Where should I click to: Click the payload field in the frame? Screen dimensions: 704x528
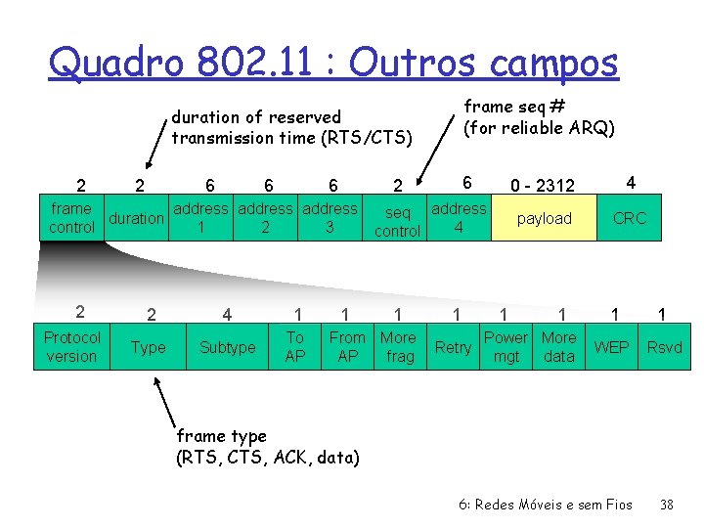click(545, 219)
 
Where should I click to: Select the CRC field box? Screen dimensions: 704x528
click(629, 219)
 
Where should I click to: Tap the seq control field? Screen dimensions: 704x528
click(397, 221)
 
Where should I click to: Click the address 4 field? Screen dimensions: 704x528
click(459, 219)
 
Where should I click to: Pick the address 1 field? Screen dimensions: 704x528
click(199, 218)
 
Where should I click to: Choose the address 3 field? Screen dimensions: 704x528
click(330, 218)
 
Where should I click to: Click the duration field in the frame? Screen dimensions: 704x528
click(136, 218)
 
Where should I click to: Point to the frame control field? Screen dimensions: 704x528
click(71, 218)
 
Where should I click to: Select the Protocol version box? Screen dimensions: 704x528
click(71, 347)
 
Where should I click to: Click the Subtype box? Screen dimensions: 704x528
click(227, 347)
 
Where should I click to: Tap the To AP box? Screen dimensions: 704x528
click(294, 347)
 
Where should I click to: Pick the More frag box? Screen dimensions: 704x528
click(398, 347)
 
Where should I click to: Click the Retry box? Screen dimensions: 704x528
click(453, 347)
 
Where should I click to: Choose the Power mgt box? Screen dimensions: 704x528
click(506, 347)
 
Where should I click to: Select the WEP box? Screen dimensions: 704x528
click(612, 347)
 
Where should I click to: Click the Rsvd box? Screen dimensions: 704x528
click(665, 347)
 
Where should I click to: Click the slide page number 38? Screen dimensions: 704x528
click(667, 505)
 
